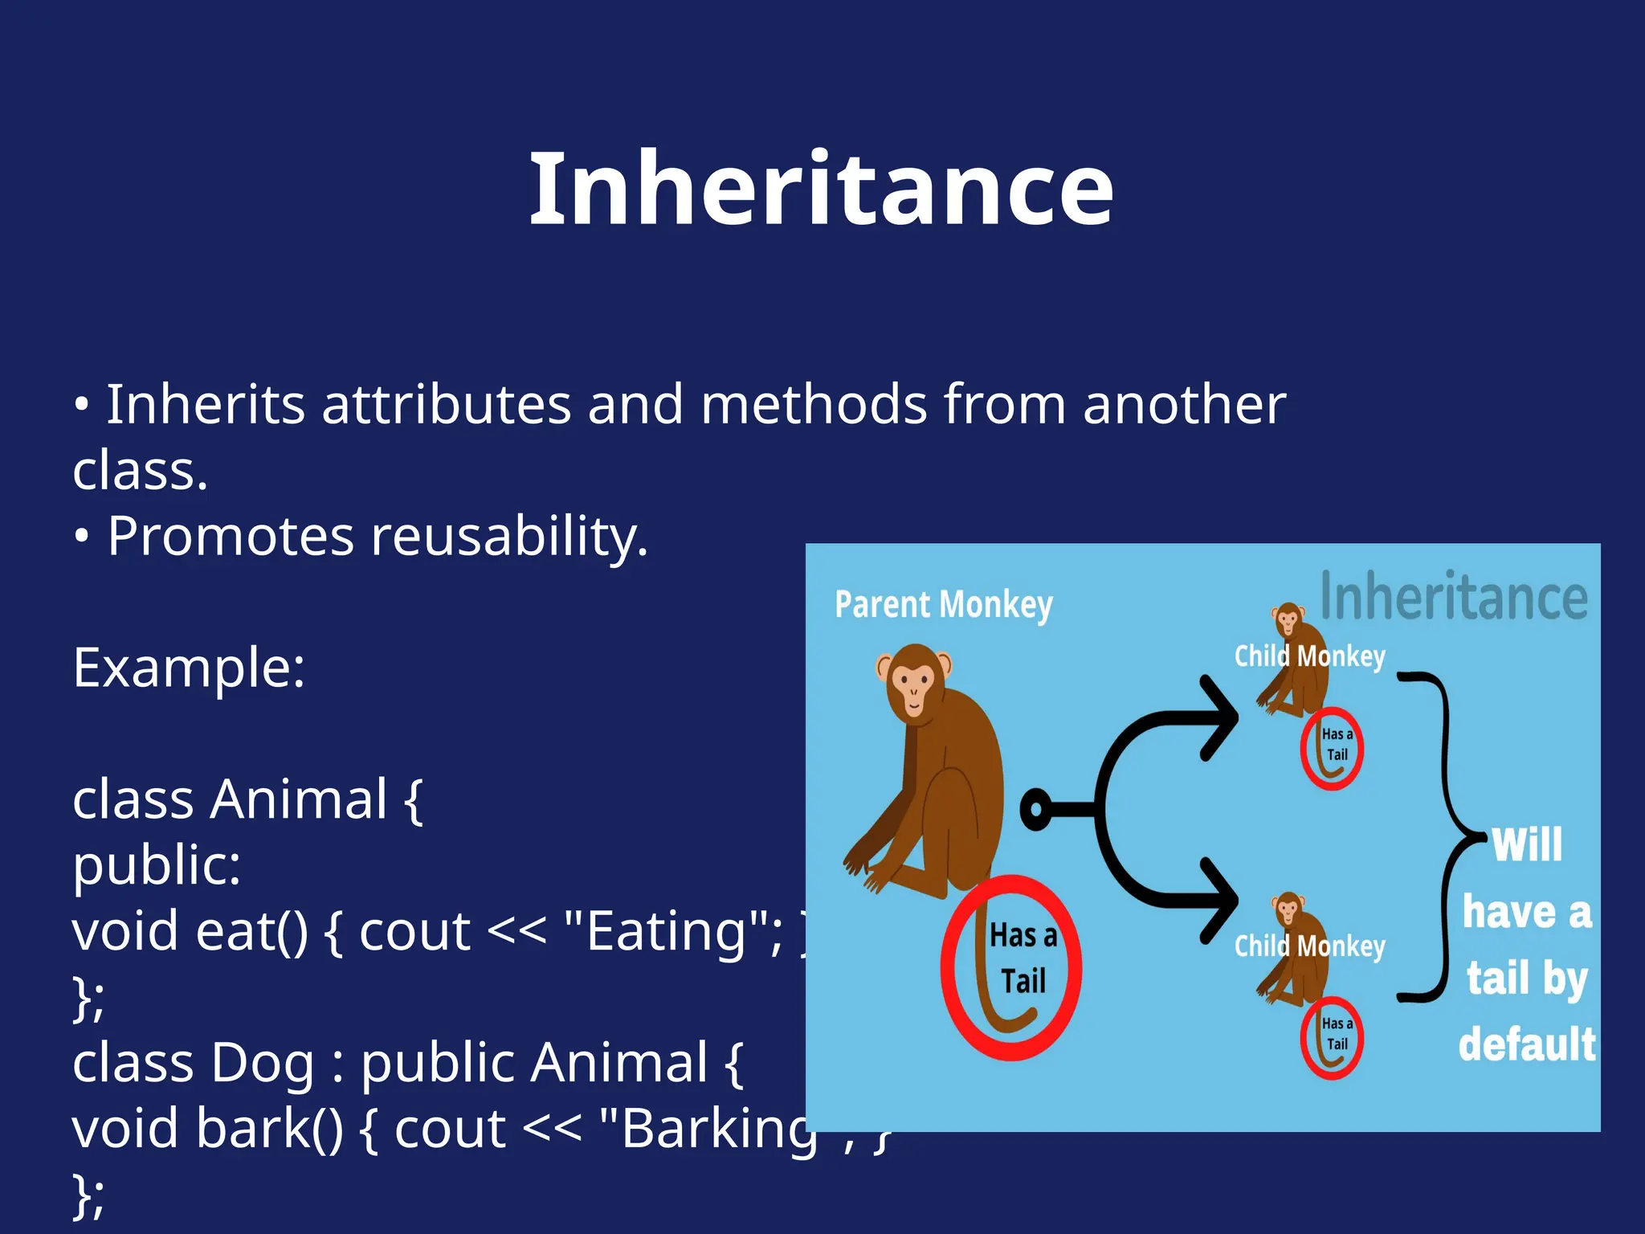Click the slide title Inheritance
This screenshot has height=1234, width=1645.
(x=821, y=190)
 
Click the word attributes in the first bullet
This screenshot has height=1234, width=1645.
(x=446, y=404)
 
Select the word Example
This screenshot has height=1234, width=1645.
(x=188, y=668)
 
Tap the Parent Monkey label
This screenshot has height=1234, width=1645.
(x=943, y=605)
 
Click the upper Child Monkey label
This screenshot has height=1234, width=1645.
(x=1309, y=656)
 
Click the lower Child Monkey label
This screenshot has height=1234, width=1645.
(x=1309, y=946)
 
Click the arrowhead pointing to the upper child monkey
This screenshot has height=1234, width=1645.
(x=1221, y=717)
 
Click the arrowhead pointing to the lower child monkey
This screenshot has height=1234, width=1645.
(x=1221, y=900)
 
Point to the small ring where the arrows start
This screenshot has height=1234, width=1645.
(x=1036, y=808)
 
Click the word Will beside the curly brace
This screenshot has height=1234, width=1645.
(x=1526, y=845)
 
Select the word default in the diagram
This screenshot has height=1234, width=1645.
(x=1526, y=1044)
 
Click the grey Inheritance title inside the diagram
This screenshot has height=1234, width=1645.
(x=1454, y=596)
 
